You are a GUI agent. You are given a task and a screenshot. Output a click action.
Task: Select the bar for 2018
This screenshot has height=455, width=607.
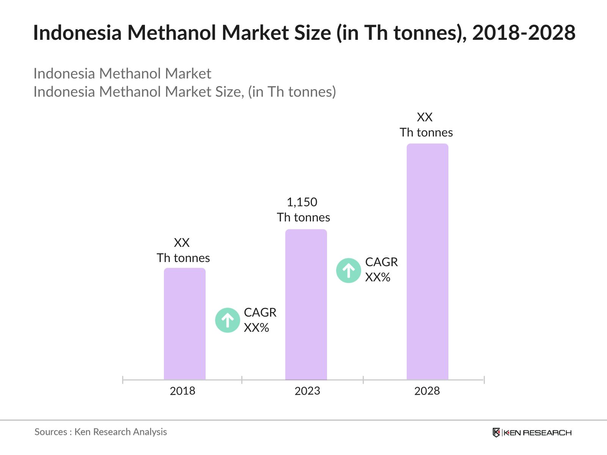click(x=184, y=324)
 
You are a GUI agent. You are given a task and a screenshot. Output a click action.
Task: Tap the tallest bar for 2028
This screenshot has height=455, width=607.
click(x=427, y=262)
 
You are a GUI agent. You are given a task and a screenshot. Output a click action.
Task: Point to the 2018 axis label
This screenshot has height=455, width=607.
click(x=182, y=391)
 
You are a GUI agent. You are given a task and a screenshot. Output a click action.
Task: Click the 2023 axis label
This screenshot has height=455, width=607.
click(x=307, y=391)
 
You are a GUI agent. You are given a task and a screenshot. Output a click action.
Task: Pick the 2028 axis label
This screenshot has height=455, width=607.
click(x=427, y=391)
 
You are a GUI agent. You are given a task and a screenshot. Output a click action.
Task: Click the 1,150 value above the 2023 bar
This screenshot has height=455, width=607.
click(x=302, y=202)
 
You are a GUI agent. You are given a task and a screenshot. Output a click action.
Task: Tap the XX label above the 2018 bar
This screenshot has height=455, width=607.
click(x=182, y=243)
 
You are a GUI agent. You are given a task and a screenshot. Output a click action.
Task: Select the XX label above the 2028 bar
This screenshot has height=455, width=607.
click(x=425, y=117)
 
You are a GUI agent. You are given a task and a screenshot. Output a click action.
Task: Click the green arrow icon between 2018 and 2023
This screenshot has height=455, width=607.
click(x=228, y=320)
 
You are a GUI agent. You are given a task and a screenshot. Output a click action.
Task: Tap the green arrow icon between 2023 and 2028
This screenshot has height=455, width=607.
click(x=349, y=271)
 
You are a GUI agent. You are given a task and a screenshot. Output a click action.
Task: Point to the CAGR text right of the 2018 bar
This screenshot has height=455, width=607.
click(x=260, y=312)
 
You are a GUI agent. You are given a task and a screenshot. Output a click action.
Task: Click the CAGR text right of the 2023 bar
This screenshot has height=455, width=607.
click(x=381, y=262)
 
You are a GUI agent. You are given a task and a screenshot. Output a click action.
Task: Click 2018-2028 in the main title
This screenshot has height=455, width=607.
click(x=524, y=33)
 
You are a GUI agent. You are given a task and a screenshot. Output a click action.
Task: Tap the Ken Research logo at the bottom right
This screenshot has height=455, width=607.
click(x=532, y=433)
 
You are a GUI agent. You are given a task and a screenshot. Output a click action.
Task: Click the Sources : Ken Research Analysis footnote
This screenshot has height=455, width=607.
click(x=101, y=432)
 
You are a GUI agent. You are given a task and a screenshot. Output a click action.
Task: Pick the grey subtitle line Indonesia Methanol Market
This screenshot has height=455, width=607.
click(x=122, y=74)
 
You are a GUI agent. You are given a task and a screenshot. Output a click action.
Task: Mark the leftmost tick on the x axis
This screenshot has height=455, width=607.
click(x=123, y=380)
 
